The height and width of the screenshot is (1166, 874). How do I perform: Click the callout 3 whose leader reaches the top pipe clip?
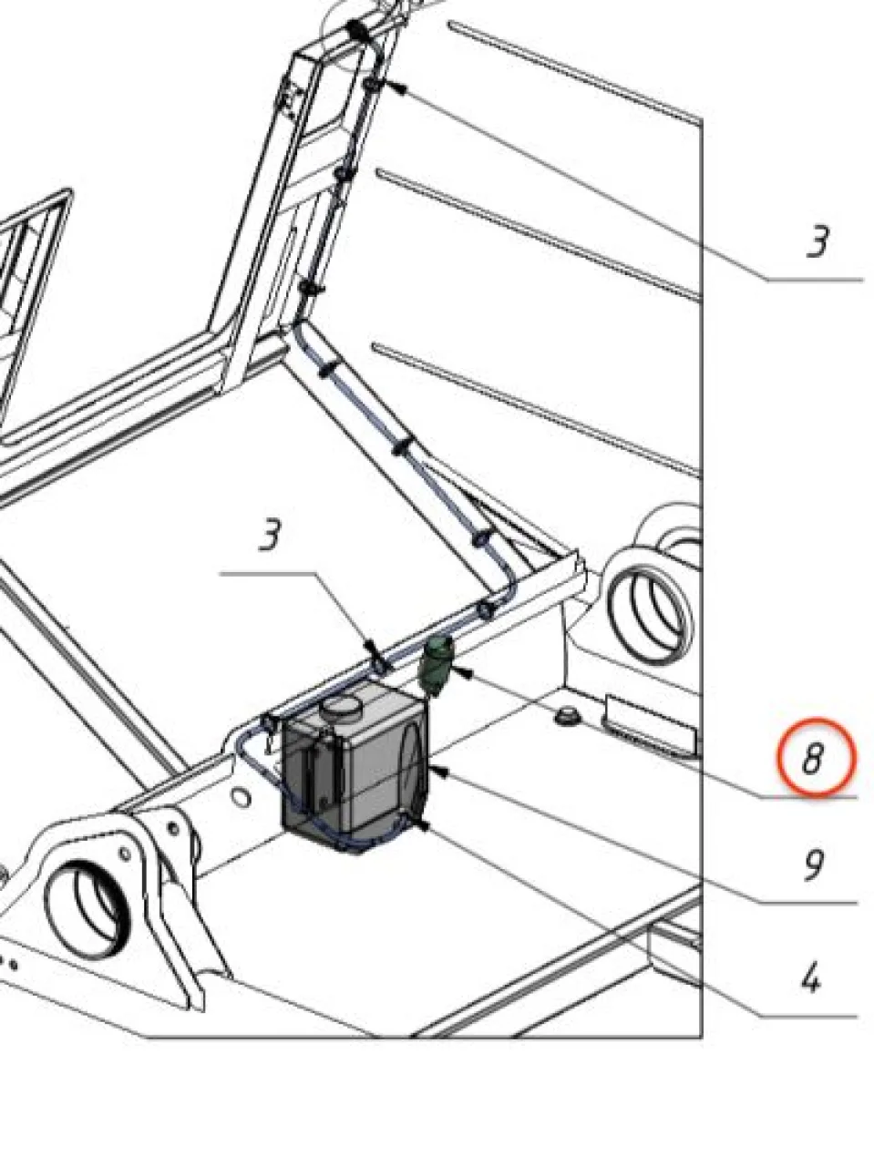pyautogui.click(x=818, y=242)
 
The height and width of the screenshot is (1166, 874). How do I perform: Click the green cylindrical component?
pyautogui.click(x=436, y=666)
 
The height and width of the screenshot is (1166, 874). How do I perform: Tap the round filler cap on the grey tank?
pyautogui.click(x=342, y=708)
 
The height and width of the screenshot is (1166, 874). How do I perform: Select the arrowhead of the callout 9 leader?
pyautogui.click(x=439, y=772)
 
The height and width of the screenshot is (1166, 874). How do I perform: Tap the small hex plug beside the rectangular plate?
pyautogui.click(x=567, y=716)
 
